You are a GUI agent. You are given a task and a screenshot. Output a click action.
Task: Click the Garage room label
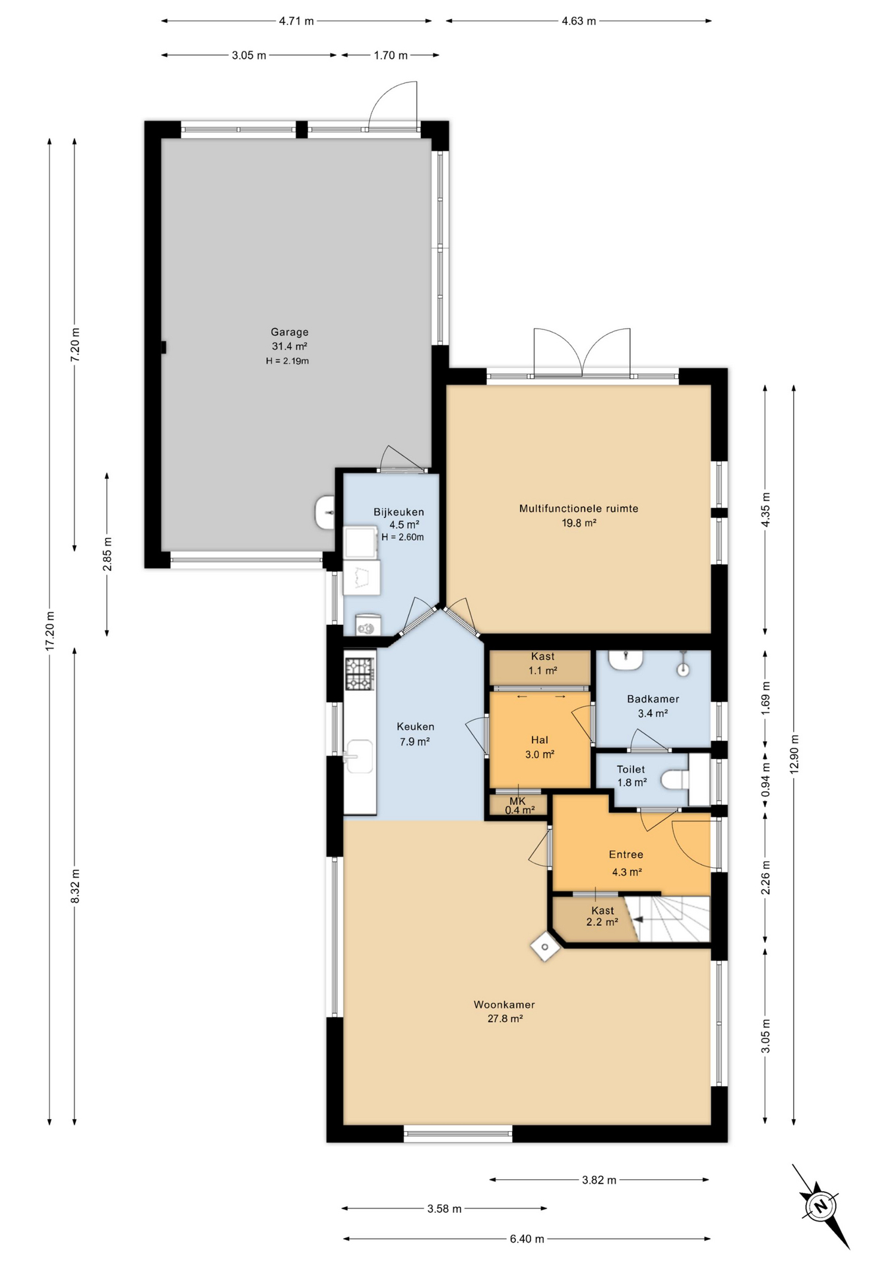pos(289,332)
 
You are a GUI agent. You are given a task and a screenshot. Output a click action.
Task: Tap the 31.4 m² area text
pos(290,346)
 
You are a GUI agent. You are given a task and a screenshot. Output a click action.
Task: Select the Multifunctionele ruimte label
pos(579,509)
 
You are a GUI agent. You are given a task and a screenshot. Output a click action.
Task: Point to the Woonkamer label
pos(504,1004)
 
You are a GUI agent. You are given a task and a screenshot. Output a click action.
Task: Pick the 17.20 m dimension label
pos(49,632)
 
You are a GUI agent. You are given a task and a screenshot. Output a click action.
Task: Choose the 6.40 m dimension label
pos(527,1239)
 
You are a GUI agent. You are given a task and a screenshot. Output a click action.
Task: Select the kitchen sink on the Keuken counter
pos(358,756)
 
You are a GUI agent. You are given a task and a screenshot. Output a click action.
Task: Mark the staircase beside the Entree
pos(667,919)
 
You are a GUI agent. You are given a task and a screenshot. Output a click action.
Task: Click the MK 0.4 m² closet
pos(519,805)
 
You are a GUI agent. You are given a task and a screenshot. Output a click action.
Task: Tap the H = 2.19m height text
pos(288,361)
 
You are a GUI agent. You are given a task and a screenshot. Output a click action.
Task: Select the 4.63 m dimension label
pos(579,21)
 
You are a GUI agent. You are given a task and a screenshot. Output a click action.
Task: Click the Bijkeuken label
pos(399,512)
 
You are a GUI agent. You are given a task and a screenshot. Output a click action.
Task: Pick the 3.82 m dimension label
pos(598,1180)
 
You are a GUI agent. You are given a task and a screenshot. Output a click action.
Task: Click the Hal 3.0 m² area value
pos(539,754)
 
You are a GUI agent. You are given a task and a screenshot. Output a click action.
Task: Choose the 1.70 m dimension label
pos(391,55)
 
